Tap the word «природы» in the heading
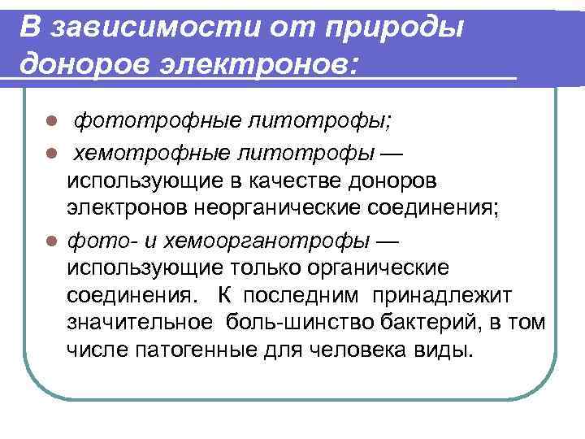click(x=396, y=26)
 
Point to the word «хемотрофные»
click(x=136, y=153)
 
